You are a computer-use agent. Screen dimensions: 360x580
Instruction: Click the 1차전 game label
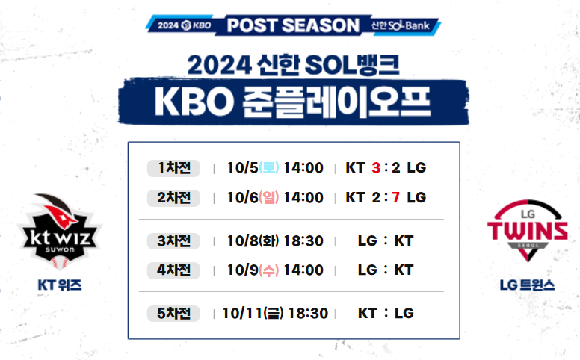174,168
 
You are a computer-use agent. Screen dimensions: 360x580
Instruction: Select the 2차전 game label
174,198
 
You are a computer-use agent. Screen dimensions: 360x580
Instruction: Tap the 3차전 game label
174,241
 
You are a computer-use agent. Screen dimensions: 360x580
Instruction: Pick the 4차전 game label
174,270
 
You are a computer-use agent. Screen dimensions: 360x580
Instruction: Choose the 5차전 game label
174,313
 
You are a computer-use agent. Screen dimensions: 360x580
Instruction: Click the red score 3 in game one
376,168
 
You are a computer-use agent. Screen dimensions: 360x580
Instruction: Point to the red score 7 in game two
396,198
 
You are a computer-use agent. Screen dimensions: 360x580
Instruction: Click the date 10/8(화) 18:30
275,241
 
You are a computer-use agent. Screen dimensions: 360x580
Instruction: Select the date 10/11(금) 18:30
275,313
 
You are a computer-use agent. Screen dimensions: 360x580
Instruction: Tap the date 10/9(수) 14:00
275,270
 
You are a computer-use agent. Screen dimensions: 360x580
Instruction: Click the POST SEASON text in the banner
293,25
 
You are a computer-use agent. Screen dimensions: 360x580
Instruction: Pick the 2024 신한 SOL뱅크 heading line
292,63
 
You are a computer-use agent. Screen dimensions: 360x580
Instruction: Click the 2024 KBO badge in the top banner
184,25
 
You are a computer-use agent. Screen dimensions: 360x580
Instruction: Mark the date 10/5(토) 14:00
275,168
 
